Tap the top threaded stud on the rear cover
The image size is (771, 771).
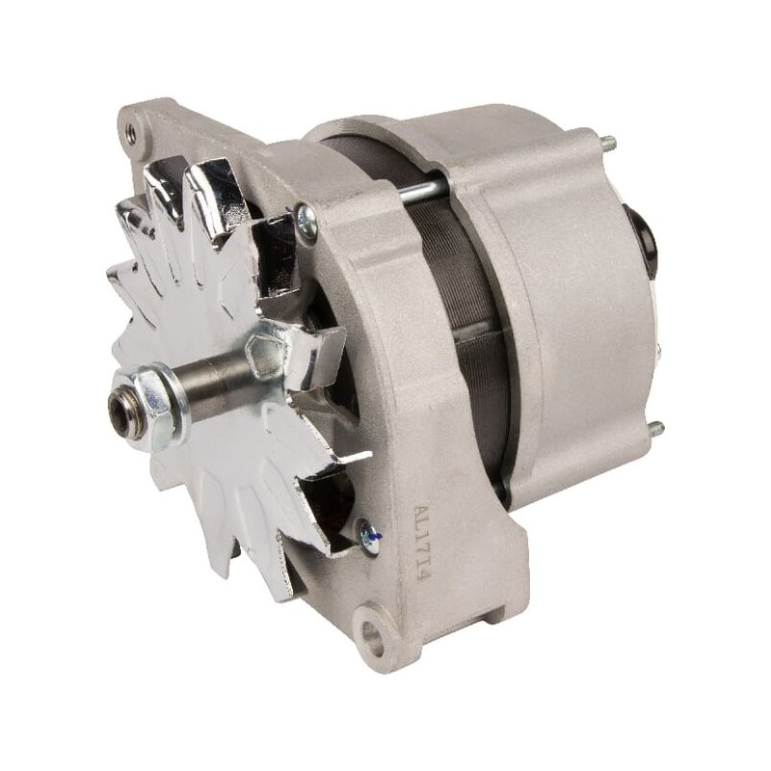pyautogui.click(x=608, y=145)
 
